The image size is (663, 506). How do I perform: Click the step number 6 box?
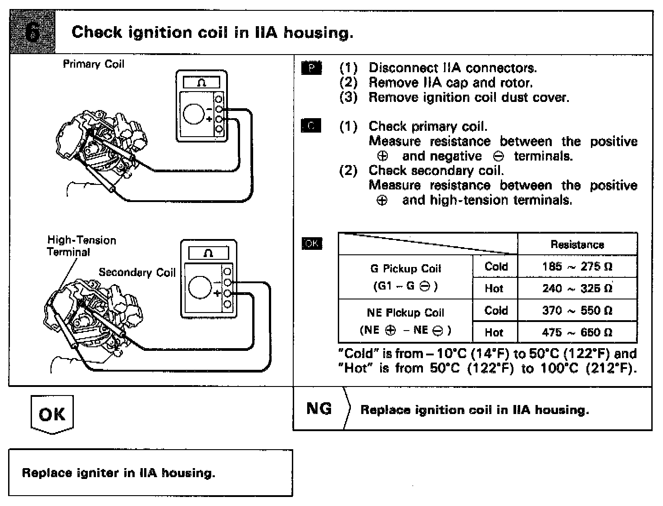point(32,32)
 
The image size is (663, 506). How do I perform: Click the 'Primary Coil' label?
point(93,64)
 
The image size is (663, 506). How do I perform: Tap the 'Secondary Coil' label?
point(137,272)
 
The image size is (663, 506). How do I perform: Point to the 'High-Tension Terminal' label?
point(81,246)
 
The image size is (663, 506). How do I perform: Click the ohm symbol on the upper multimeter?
point(201,83)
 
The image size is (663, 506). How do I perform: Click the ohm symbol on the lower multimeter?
point(208,253)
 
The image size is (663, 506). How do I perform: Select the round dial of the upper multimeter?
point(194,113)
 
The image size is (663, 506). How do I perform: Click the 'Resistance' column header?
point(577,244)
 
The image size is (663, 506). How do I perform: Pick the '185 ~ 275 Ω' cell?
point(577,267)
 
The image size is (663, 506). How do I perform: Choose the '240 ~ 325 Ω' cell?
point(577,288)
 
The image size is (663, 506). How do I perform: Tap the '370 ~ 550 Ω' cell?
point(577,310)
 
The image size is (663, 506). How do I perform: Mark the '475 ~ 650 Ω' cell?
point(577,332)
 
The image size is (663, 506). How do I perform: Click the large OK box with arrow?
point(52,414)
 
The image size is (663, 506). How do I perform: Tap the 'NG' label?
point(319,409)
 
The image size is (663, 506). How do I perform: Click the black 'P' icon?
point(311,68)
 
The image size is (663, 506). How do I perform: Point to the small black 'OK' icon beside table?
point(312,244)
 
